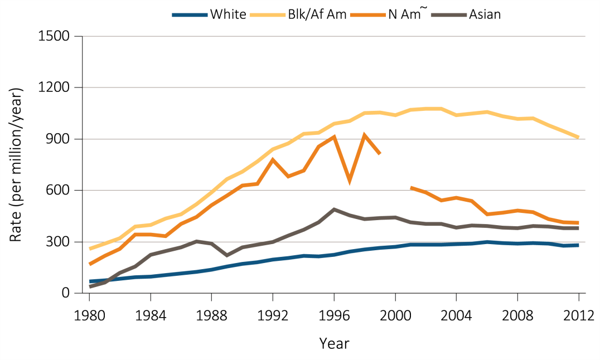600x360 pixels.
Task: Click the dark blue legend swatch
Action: [x=190, y=15]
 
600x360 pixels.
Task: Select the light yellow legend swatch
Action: [x=268, y=15]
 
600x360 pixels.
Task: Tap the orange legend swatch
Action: [x=368, y=15]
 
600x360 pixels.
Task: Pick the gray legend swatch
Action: [x=449, y=15]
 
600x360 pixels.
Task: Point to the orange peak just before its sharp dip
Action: [x=334, y=136]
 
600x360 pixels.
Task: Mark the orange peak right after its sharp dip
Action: [x=364, y=134]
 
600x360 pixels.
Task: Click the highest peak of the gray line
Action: [x=333, y=209]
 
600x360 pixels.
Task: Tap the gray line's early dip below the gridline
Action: [x=226, y=255]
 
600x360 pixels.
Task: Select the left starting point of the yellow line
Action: [x=90, y=249]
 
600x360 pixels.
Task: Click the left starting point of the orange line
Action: [x=90, y=264]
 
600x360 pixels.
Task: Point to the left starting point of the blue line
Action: [x=90, y=281]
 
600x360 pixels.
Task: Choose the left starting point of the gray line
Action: [x=90, y=286]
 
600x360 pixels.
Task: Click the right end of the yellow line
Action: [x=579, y=137]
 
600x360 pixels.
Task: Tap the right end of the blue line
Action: [x=579, y=245]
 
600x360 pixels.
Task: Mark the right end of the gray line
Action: [x=579, y=228]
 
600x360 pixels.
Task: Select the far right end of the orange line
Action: [x=579, y=223]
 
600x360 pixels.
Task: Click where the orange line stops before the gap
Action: [x=380, y=154]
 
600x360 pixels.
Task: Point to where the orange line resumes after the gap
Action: [x=411, y=187]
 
